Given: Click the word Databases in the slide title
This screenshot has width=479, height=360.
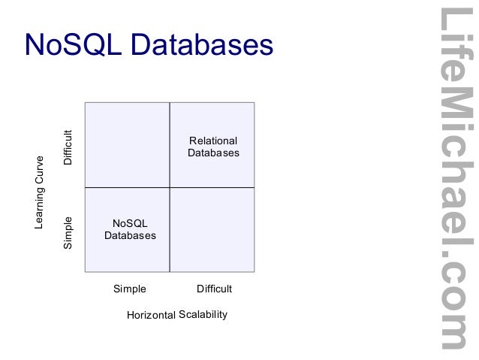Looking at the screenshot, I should point(202,44).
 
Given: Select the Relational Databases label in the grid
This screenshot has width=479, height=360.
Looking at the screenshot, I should point(213,147).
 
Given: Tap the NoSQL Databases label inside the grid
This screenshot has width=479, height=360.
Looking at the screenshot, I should point(130,229).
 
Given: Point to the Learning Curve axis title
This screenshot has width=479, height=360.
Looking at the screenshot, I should point(40,192).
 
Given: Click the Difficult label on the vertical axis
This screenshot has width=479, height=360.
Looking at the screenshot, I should point(68,148).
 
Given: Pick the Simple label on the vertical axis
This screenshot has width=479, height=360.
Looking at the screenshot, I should point(68,233).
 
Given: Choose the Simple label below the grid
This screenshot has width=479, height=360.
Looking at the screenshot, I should point(129,289).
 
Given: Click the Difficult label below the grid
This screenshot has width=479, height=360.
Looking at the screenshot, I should point(214,289).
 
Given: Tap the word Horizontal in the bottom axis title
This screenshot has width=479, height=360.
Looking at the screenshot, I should point(151,315).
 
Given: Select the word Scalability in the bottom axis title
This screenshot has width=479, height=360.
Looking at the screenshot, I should point(203,314).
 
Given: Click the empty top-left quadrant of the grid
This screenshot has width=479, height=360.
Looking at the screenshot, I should point(128,144).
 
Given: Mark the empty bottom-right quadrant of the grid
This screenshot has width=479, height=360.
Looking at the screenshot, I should point(212,229).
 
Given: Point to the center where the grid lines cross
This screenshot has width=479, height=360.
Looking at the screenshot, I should point(170,187).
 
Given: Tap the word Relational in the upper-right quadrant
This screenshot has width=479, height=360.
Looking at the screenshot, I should point(213,141).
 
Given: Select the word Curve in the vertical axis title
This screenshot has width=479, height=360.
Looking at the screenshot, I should point(40,171).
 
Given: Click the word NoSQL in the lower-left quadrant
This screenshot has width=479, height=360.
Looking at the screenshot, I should point(130,223).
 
